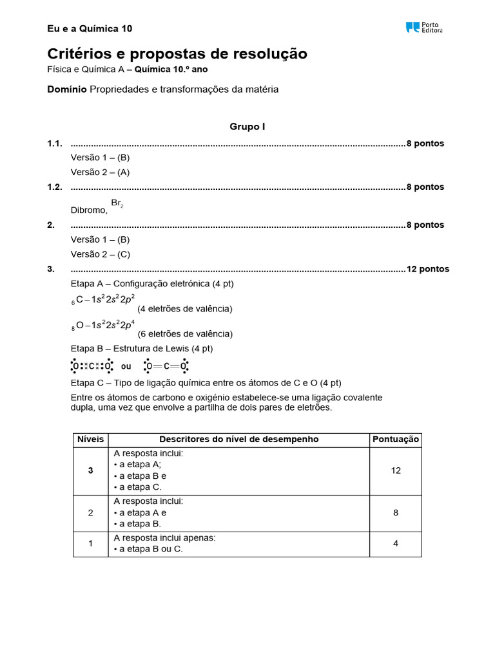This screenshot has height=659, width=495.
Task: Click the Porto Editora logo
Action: coord(423,28)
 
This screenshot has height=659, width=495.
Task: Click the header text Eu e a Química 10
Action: coord(90,28)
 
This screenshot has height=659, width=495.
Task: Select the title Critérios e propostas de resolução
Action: coord(177,53)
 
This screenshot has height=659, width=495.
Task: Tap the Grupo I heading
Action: coord(247,127)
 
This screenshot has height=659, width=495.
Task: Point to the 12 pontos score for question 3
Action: coord(427,269)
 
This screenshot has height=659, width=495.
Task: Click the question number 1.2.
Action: coord(55,187)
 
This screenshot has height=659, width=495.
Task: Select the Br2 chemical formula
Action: coord(117,203)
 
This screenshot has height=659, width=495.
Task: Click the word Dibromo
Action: coord(88,210)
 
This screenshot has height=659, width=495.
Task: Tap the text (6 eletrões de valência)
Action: coord(185,334)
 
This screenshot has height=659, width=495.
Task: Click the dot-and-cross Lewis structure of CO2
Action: coord(91,366)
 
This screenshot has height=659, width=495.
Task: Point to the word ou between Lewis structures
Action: coord(126,366)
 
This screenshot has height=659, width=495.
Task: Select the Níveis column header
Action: coord(90,440)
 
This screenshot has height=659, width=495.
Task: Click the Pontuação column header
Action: coord(395,440)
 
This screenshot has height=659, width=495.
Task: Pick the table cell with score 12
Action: coord(395,470)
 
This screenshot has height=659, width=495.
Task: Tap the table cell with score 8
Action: coord(395,512)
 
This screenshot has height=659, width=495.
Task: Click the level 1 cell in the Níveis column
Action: coord(90,543)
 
